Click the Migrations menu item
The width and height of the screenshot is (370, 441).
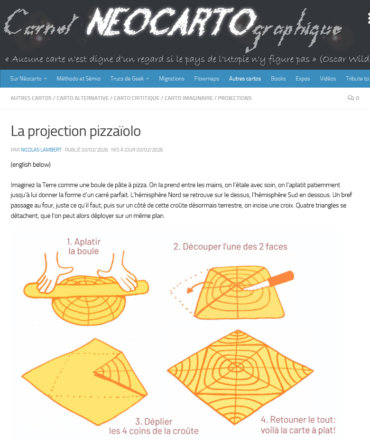point(172,79)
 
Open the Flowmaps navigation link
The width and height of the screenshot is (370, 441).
point(207,79)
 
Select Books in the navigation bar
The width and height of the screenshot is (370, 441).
point(278,79)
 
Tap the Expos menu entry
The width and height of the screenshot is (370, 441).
point(303,79)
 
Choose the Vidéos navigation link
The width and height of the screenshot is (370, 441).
point(328,79)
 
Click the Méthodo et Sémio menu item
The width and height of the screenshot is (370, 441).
point(79,79)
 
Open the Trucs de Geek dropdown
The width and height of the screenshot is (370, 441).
point(129,79)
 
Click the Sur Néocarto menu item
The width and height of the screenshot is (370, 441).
point(28,79)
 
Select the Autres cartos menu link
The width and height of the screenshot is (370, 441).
point(245,79)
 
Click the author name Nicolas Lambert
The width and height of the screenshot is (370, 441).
point(41,150)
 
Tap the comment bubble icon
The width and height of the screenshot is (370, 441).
point(351,98)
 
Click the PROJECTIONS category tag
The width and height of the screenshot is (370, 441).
point(235,98)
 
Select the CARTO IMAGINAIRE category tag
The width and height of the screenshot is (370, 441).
point(189,98)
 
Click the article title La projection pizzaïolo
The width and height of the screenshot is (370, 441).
point(76,131)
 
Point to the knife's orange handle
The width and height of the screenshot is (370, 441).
point(280,279)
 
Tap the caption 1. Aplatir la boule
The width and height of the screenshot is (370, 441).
point(83,246)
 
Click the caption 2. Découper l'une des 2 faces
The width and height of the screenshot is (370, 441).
point(231,247)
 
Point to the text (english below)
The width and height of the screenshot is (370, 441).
point(31,164)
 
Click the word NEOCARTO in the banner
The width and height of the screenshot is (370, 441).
point(171,22)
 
